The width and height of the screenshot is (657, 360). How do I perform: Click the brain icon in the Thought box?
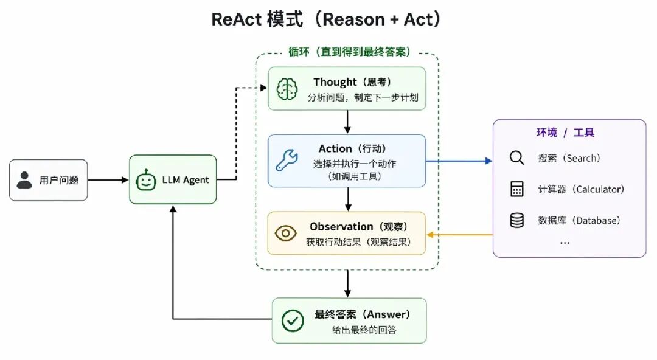pyautogui.click(x=287, y=89)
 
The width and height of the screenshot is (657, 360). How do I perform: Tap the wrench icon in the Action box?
pyautogui.click(x=287, y=160)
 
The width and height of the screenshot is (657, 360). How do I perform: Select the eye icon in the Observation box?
pyautogui.click(x=286, y=234)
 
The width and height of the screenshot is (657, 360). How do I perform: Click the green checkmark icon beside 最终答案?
pyautogui.click(x=293, y=320)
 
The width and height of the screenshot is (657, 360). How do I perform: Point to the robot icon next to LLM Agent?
pyautogui.click(x=146, y=180)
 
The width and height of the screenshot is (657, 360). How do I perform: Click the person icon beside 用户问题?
pyautogui.click(x=24, y=180)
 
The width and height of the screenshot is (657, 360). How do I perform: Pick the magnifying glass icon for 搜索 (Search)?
pyautogui.click(x=516, y=158)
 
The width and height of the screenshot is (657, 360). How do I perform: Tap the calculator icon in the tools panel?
pyautogui.click(x=517, y=189)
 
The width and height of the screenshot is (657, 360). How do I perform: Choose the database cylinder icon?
pyautogui.click(x=516, y=220)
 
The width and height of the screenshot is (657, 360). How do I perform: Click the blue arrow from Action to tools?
pyautogui.click(x=459, y=161)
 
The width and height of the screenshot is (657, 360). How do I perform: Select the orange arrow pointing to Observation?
pyautogui.click(x=459, y=235)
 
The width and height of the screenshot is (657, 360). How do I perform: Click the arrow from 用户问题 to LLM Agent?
pyautogui.click(x=108, y=180)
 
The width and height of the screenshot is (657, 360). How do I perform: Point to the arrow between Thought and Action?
pyautogui.click(x=347, y=122)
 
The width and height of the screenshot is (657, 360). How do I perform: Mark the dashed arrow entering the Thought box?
pyautogui.click(x=236, y=133)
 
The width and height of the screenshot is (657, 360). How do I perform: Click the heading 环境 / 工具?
pyautogui.click(x=565, y=133)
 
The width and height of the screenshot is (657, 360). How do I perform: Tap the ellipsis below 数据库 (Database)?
pyautogui.click(x=565, y=243)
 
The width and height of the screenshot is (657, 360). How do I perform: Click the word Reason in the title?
pyautogui.click(x=353, y=19)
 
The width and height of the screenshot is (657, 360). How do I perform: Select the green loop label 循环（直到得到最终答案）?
pyautogui.click(x=349, y=52)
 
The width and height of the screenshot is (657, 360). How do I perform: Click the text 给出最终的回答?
pyautogui.click(x=364, y=330)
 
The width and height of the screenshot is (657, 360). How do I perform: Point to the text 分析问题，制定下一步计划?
pyautogui.click(x=363, y=98)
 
